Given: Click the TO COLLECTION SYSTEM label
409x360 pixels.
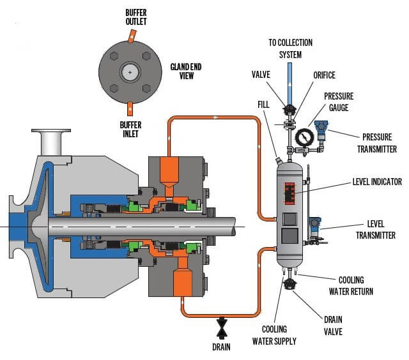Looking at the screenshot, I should [x=290, y=47].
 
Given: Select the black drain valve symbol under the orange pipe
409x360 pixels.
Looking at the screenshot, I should [x=222, y=326].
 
